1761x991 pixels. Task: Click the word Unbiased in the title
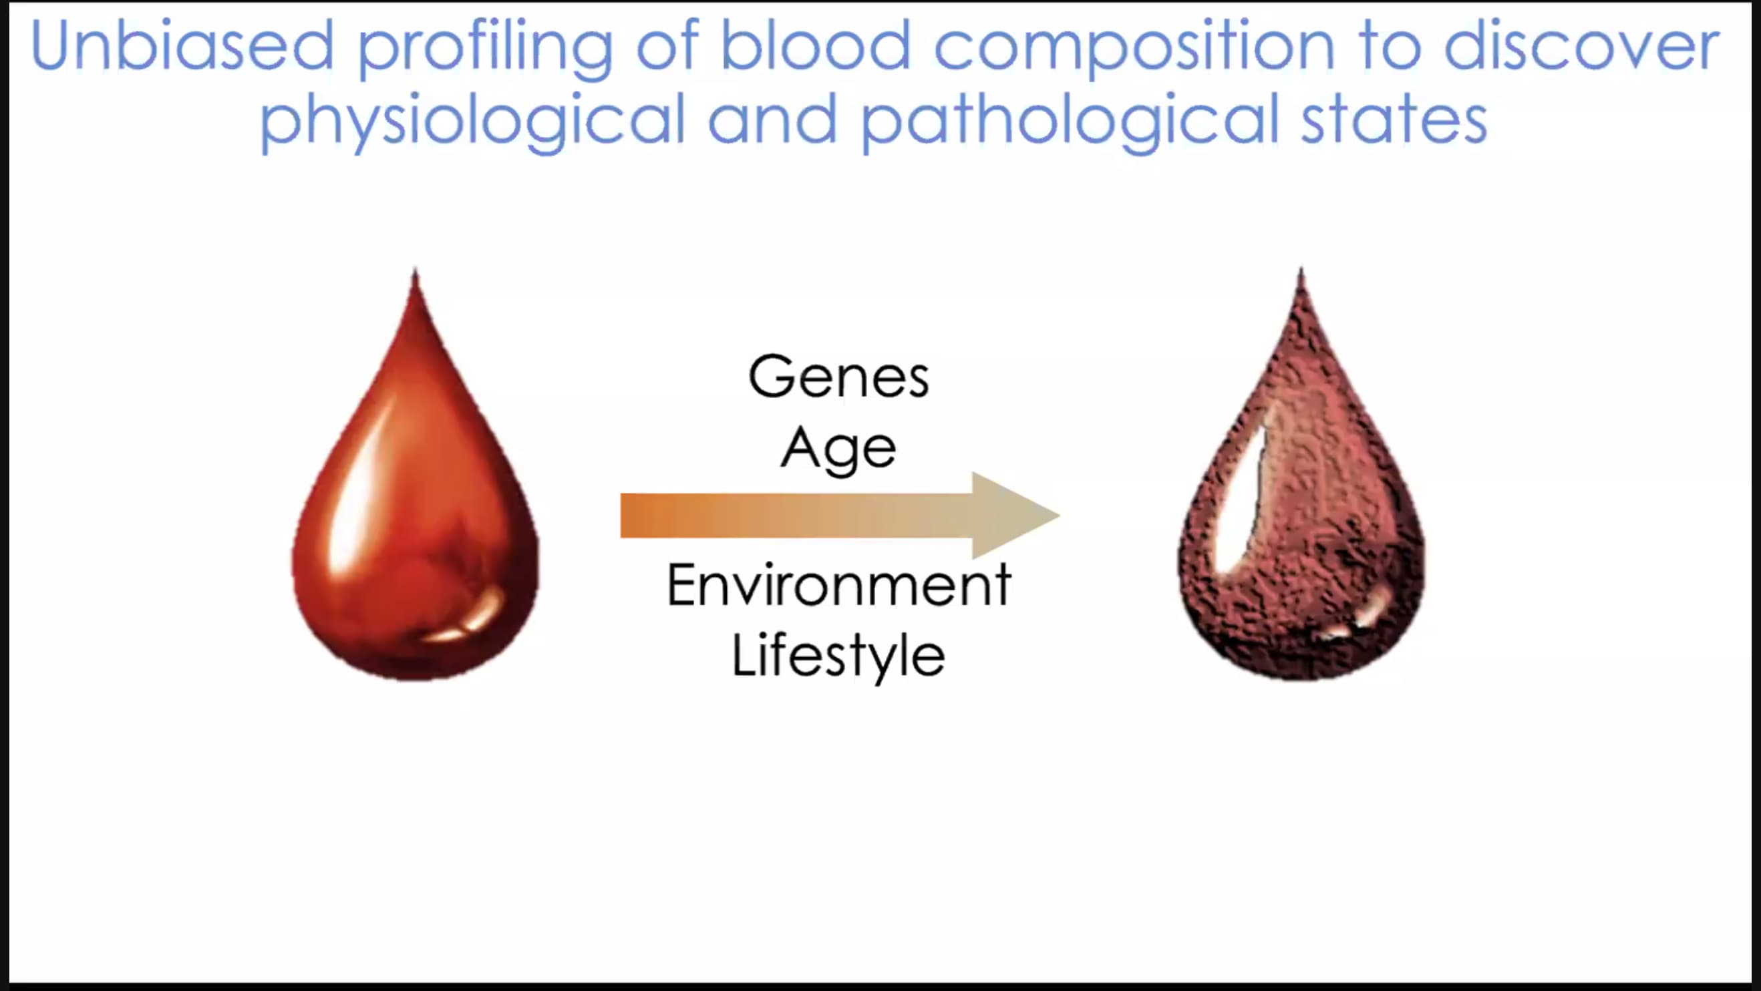point(182,45)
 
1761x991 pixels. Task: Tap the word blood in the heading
point(816,45)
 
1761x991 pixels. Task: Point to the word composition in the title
point(1134,50)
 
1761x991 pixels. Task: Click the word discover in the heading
point(1581,45)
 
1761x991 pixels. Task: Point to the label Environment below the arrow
point(839,584)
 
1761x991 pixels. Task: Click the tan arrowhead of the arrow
point(1011,516)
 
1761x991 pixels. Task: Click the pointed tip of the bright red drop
point(415,270)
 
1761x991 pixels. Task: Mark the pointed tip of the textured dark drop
point(1301,268)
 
